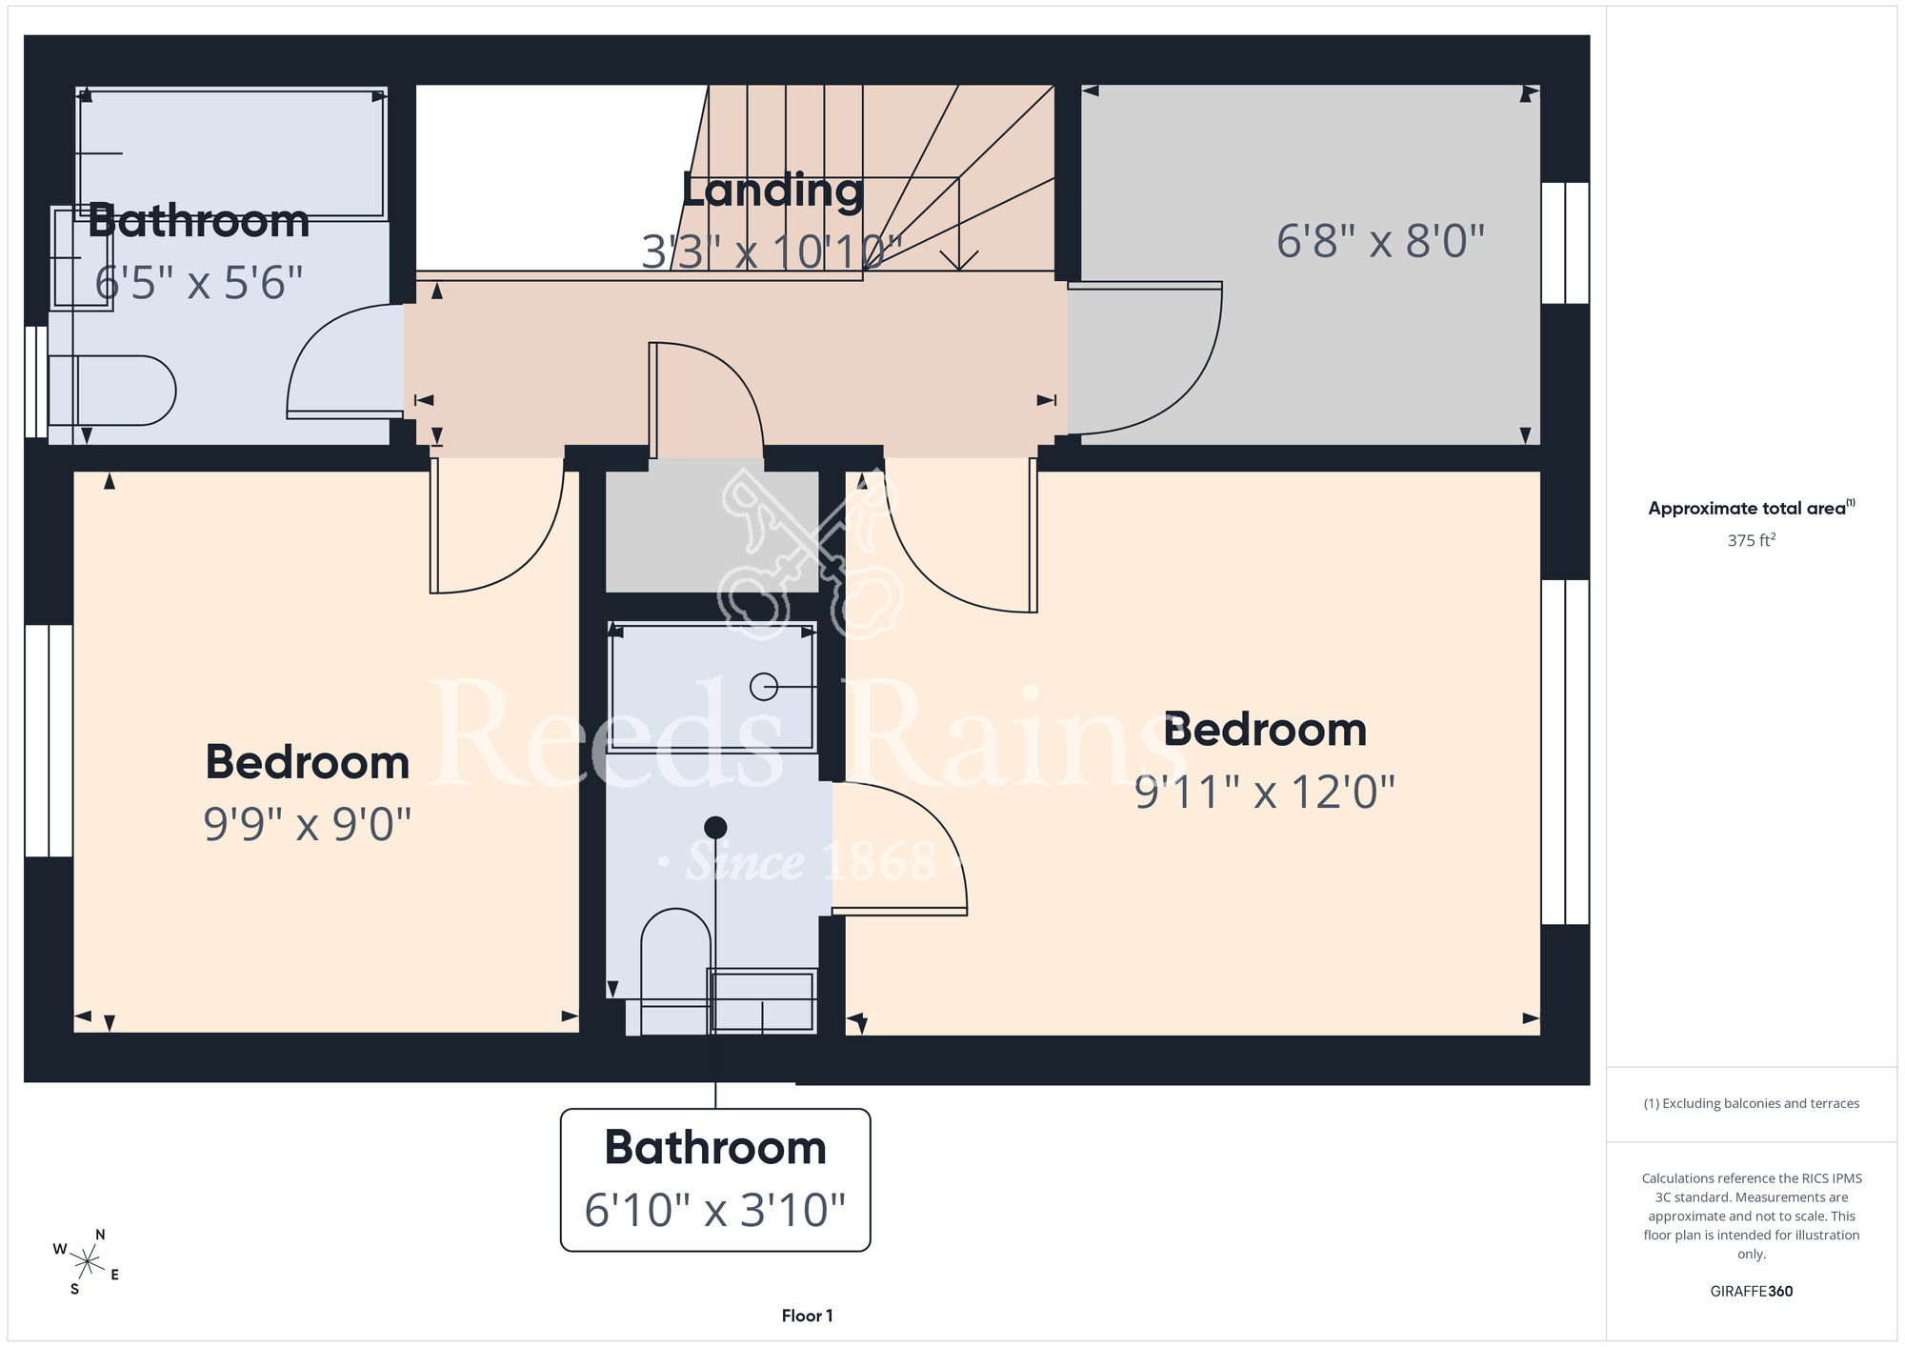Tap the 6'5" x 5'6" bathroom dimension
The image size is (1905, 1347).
tap(199, 283)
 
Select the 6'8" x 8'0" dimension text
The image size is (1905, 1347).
tap(1380, 241)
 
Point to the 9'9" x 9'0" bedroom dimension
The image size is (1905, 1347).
tap(307, 824)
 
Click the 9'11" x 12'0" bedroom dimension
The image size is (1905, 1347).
tap(1265, 792)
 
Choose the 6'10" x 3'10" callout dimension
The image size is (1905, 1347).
tap(715, 1210)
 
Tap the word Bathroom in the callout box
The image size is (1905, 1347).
tap(715, 1147)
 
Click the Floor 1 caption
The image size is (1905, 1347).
tap(807, 1316)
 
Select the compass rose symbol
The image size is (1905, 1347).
tap(87, 1263)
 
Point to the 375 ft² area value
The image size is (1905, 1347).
tap(1751, 540)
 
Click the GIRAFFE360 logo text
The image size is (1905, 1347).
tap(1751, 1292)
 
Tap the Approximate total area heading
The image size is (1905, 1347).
tap(1751, 508)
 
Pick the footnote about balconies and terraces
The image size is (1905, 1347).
tap(1751, 1103)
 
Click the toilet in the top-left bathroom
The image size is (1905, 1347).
tap(111, 391)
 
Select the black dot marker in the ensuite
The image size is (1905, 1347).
tap(715, 827)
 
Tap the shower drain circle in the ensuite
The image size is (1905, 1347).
tap(764, 686)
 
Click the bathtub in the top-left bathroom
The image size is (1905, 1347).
tap(231, 154)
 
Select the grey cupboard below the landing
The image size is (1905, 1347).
tap(712, 531)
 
